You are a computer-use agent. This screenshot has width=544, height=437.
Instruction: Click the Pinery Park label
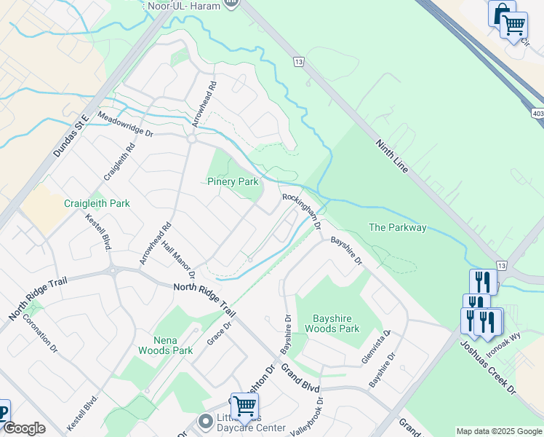[233, 181]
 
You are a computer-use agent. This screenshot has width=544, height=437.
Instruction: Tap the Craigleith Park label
[97, 203]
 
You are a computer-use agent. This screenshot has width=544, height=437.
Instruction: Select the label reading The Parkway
[397, 228]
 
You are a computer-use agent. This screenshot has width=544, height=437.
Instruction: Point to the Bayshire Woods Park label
[336, 323]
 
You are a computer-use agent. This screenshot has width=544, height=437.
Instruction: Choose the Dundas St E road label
[71, 135]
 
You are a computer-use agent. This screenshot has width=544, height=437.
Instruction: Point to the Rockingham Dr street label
[302, 212]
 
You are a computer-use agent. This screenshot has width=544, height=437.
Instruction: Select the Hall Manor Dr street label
[178, 260]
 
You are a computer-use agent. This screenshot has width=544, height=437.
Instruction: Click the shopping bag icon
[502, 13]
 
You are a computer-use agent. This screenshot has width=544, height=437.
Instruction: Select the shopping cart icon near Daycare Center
[244, 406]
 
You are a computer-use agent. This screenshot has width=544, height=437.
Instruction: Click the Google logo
[23, 428]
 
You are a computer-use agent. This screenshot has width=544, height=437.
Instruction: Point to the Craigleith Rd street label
[119, 161]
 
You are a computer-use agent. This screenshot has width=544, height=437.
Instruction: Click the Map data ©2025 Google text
[499, 431]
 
